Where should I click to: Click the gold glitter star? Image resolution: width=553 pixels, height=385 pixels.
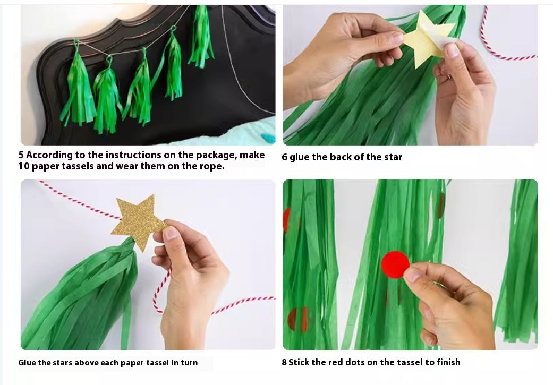pyautogui.click(x=138, y=221)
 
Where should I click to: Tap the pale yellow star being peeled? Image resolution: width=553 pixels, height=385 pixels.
pyautogui.click(x=428, y=39)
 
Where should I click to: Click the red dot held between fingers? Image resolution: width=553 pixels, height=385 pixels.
pyautogui.click(x=395, y=265)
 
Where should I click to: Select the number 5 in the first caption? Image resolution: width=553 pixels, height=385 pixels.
pyautogui.click(x=21, y=155)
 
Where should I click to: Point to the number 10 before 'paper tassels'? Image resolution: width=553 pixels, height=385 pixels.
pyautogui.click(x=24, y=166)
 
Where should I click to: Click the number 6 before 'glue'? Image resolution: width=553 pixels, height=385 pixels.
pyautogui.click(x=285, y=157)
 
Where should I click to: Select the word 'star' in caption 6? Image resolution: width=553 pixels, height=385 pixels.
pyautogui.click(x=393, y=157)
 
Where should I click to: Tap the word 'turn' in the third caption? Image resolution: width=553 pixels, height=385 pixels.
pyautogui.click(x=190, y=363)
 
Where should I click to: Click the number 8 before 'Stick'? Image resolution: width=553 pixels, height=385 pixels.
pyautogui.click(x=284, y=363)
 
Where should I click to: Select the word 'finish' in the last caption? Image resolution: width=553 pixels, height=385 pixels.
pyautogui.click(x=448, y=363)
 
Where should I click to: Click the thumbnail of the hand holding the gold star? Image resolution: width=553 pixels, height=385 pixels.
pyautogui.click(x=148, y=265)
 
